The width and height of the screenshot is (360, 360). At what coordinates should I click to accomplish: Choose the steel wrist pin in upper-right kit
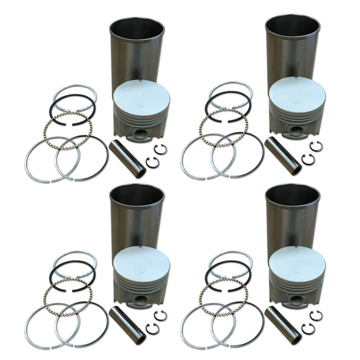tap(282, 155)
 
